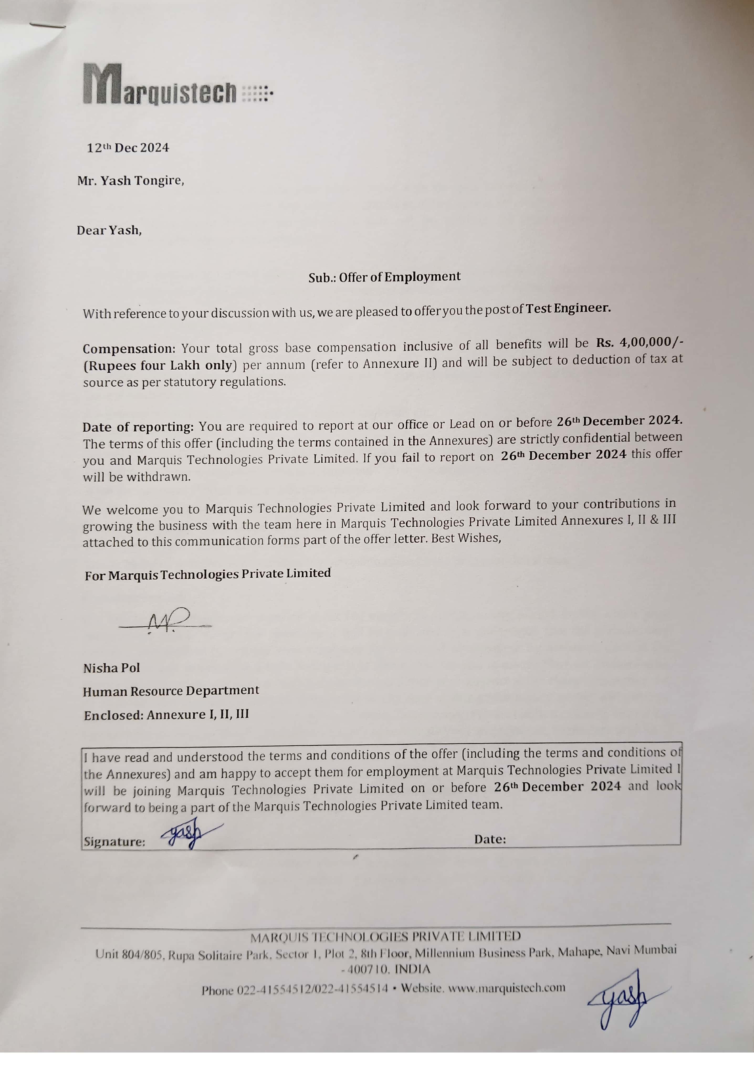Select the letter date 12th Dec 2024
click(x=128, y=148)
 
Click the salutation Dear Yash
click(x=109, y=230)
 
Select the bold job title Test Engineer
click(x=568, y=308)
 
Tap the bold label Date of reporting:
click(x=138, y=427)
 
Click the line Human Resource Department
click(x=171, y=691)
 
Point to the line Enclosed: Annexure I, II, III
click(x=166, y=714)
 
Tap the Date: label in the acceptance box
click(x=490, y=839)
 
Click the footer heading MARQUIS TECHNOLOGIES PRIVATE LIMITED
click(x=385, y=936)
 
